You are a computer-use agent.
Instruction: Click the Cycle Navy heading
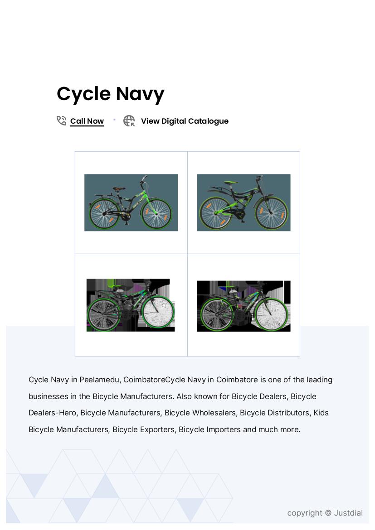pos(110,94)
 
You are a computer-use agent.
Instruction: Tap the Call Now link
pos(87,121)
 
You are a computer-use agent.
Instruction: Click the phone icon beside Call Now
pos(61,121)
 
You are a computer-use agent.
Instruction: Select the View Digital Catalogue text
pos(185,121)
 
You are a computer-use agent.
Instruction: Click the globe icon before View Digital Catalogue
pos(129,121)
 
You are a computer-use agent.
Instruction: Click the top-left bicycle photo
pos(131,202)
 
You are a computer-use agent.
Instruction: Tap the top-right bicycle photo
pos(244,202)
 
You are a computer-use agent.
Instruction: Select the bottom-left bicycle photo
pos(131,305)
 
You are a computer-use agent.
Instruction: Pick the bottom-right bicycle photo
pos(244,306)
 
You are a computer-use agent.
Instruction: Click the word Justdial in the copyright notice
pos(348,513)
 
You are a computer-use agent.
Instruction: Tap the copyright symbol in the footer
pos(328,513)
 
